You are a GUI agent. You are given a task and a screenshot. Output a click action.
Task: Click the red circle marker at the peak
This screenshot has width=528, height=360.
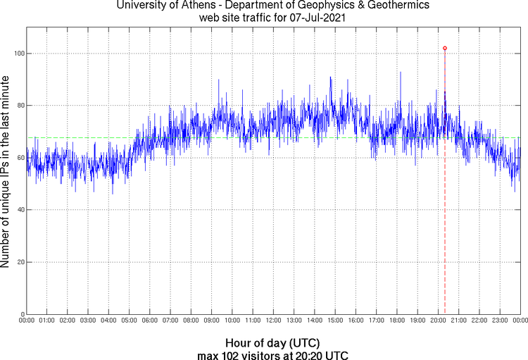click(x=445, y=48)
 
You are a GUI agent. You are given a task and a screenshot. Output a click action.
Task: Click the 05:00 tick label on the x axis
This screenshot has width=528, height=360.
click(x=130, y=321)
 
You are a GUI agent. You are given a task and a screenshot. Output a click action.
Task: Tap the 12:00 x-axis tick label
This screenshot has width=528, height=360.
click(x=273, y=321)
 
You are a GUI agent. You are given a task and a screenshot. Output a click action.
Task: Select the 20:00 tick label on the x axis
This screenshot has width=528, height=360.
click(x=438, y=321)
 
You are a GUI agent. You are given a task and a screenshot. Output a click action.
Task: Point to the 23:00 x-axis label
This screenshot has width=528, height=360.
click(x=500, y=321)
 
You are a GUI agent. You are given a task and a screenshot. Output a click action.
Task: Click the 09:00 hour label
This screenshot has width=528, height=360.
click(x=212, y=321)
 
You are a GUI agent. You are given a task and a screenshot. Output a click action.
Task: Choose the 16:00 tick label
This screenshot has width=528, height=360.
click(x=356, y=321)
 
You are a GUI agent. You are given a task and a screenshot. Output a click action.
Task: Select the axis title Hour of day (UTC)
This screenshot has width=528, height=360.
click(x=273, y=342)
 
